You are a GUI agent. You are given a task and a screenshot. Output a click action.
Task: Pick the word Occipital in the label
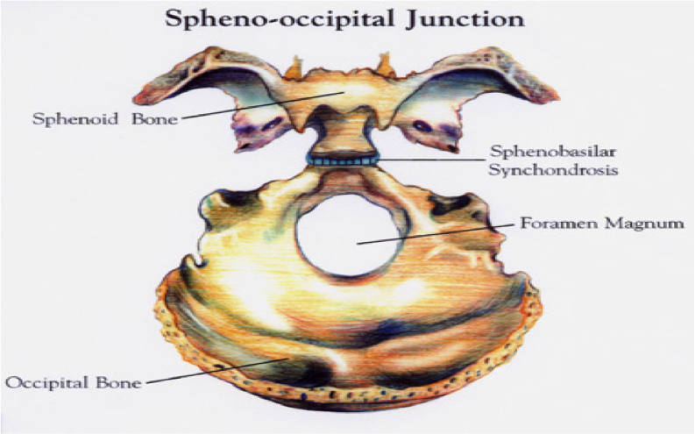[50, 382]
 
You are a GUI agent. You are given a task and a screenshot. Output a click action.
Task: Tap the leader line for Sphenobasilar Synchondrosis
[429, 160]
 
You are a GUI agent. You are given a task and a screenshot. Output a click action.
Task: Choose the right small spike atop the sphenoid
[383, 61]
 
